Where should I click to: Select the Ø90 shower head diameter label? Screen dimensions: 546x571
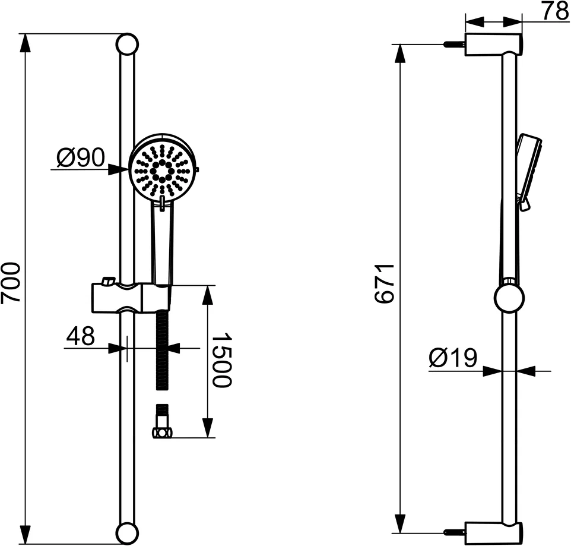pyautogui.click(x=81, y=158)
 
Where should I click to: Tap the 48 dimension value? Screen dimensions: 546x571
pyautogui.click(x=80, y=337)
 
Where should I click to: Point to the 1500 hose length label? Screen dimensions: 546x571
pyautogui.click(x=221, y=360)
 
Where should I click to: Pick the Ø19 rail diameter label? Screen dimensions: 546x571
pyautogui.click(x=453, y=358)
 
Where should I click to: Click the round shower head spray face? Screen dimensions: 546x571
pyautogui.click(x=160, y=170)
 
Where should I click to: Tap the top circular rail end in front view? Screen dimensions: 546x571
pyautogui.click(x=127, y=45)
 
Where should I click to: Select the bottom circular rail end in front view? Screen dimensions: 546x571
pyautogui.click(x=127, y=532)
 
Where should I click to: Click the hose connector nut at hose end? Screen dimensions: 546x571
pyautogui.click(x=162, y=431)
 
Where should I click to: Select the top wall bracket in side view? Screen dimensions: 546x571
pyautogui.click(x=493, y=45)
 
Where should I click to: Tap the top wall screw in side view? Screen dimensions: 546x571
pyautogui.click(x=454, y=44)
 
